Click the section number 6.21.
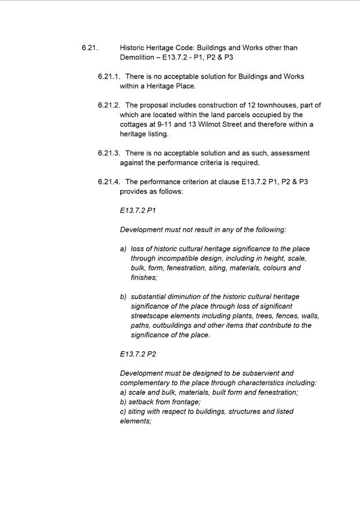(x=90, y=48)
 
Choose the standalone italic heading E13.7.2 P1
(x=138, y=211)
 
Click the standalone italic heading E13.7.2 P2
(x=138, y=354)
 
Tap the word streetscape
(x=149, y=316)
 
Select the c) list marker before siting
(x=124, y=412)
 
